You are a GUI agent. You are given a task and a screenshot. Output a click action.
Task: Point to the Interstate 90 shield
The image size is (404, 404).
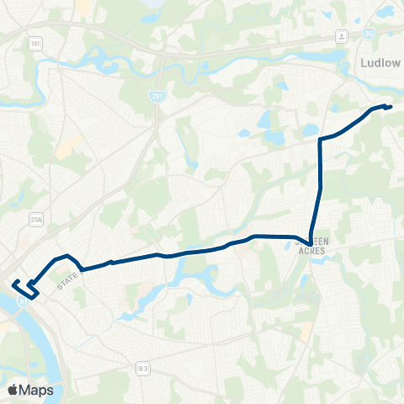point(368,35)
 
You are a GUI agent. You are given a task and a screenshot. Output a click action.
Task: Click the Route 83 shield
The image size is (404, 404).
point(143,367)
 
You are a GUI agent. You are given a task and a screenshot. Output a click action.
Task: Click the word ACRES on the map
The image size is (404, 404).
point(311,251)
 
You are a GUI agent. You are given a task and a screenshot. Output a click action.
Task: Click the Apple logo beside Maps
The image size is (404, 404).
point(13,390)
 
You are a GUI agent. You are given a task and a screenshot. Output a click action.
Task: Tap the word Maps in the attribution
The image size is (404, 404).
point(36,390)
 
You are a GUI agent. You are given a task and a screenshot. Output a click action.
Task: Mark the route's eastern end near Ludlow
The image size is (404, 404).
point(391,106)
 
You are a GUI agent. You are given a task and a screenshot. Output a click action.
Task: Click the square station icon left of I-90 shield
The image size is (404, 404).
point(342,35)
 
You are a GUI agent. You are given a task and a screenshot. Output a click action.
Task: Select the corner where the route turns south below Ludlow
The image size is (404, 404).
point(320,139)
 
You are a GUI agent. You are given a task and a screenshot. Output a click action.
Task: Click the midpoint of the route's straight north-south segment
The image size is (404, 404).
point(320,187)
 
